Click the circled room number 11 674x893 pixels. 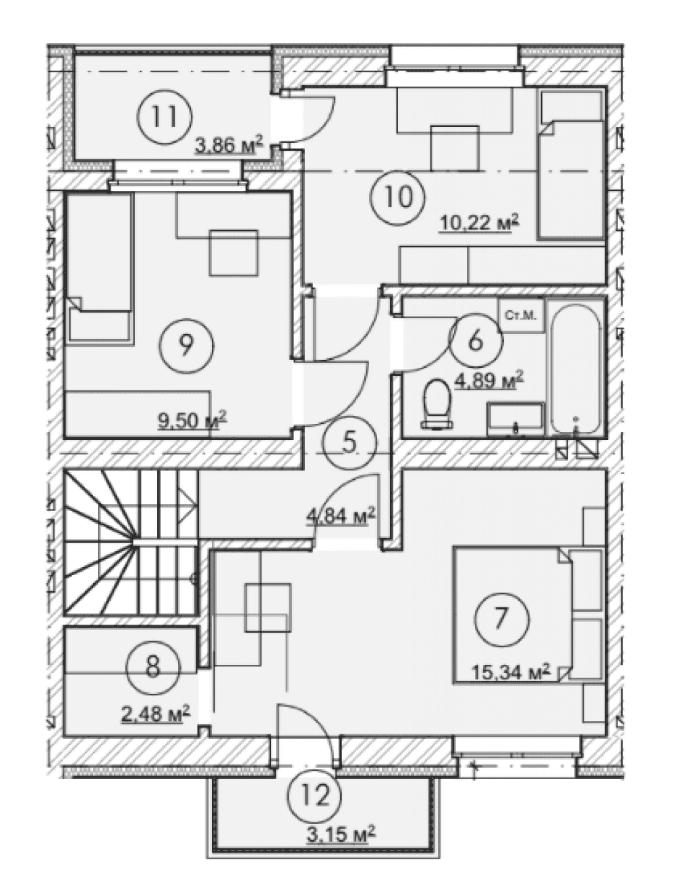165,117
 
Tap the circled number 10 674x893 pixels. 397,197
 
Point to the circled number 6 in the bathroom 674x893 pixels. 475,340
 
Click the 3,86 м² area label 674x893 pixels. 229,145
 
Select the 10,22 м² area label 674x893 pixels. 480,223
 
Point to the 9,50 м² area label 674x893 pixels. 192,419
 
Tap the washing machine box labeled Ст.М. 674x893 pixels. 522,316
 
